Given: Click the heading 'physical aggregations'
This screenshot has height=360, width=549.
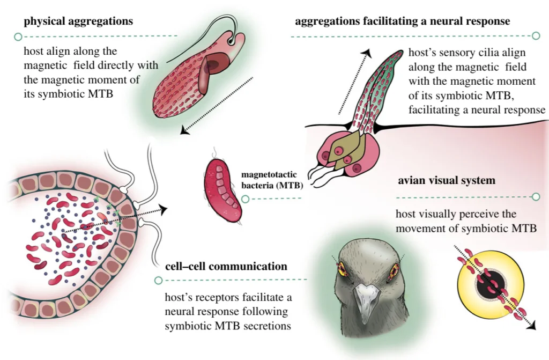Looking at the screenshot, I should tap(78, 21).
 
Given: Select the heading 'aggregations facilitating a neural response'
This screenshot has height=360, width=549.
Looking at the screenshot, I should tap(402, 21).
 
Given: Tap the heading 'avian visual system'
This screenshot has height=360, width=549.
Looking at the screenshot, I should tap(446, 181).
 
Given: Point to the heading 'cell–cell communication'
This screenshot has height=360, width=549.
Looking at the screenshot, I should tap(226, 266).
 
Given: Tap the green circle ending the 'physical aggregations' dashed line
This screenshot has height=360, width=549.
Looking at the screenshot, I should tap(18, 37).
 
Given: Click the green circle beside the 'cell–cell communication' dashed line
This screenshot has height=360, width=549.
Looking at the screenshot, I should tap(158, 280).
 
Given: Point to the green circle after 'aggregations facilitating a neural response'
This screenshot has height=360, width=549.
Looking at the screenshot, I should tap(535, 36).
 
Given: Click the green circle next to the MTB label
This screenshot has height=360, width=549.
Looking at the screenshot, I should tap(245, 199).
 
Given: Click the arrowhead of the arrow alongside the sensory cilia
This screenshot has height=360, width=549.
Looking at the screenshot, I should tap(368, 52).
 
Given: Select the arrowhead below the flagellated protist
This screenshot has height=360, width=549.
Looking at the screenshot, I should tap(185, 130).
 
